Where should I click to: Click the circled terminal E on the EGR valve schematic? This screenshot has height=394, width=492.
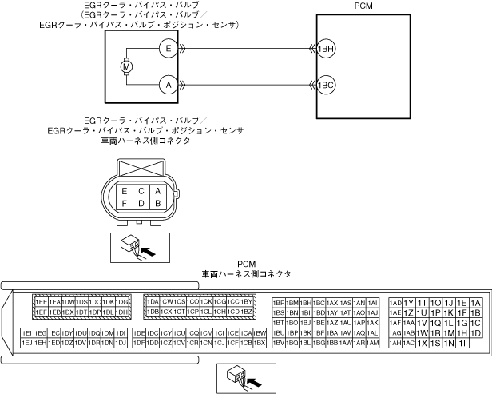(x=168, y=49)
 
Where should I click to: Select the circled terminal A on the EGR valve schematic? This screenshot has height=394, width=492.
(x=168, y=84)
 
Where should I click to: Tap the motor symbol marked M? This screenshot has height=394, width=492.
(x=125, y=66)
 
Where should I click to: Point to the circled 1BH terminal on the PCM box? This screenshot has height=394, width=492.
(x=325, y=49)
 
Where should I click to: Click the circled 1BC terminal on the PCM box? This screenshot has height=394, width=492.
(x=325, y=84)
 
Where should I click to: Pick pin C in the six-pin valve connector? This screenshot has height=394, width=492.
(x=141, y=191)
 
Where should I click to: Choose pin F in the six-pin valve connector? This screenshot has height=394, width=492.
(x=124, y=204)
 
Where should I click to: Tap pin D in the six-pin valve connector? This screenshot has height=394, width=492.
(x=141, y=204)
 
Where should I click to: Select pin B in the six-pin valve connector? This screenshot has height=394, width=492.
(x=158, y=204)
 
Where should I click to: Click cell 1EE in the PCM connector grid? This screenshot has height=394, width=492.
(x=40, y=302)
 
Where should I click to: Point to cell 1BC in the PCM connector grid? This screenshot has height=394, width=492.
(x=319, y=303)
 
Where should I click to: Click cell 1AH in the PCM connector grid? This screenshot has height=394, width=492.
(x=395, y=342)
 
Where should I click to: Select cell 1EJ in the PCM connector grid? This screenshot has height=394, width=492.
(x=27, y=342)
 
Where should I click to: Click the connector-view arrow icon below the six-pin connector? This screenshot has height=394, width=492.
(x=132, y=248)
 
